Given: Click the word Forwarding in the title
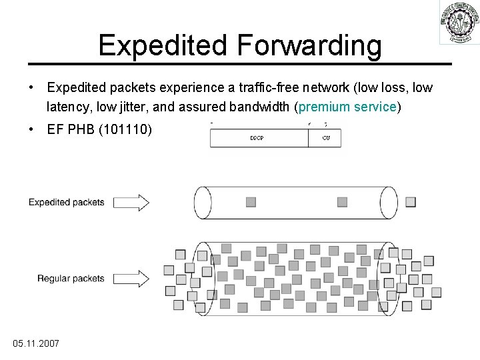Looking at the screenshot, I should tap(307, 45).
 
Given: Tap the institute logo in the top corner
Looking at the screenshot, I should tap(459, 23).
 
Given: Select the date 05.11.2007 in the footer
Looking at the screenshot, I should tap(36, 343).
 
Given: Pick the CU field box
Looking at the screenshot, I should tap(325, 138).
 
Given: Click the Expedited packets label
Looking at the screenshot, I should tap(66, 202).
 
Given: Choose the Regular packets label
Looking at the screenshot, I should tap(71, 278).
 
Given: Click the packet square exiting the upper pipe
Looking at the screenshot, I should tap(410, 201).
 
